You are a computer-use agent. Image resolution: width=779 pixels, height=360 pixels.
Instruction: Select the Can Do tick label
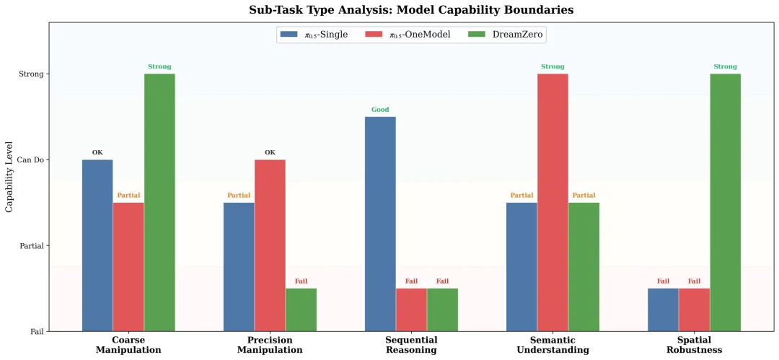point(29,160)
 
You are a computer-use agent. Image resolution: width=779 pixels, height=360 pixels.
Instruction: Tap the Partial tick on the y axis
point(30,246)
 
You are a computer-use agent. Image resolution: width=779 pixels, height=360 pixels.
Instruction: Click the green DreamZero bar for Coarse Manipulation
point(159,202)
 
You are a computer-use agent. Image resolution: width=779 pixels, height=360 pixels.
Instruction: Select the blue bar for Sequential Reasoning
point(380,224)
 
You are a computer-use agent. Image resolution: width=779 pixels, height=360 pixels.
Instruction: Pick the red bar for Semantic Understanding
point(553,202)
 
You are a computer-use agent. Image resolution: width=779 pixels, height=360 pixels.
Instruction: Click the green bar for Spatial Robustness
point(725,202)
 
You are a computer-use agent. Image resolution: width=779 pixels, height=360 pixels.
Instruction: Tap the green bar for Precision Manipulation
point(301,309)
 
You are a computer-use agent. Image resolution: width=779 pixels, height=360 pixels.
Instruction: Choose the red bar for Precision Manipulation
point(270,245)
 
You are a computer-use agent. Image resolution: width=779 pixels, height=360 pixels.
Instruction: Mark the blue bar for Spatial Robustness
point(663,309)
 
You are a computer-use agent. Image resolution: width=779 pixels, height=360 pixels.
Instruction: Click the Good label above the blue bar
point(380,110)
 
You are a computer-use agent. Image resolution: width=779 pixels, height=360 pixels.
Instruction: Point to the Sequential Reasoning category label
point(411,345)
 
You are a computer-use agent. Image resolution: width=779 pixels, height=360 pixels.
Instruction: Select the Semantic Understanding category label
point(553,345)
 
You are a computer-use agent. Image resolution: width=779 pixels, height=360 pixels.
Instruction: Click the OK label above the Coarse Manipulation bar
point(97,152)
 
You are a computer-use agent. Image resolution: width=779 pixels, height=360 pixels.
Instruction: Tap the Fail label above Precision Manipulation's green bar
point(301,281)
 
